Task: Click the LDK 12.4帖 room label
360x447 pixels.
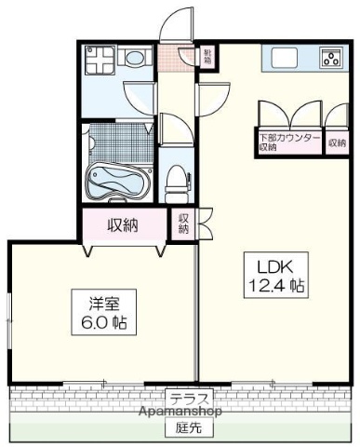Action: coord(276,273)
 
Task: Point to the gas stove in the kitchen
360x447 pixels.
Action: coord(329,59)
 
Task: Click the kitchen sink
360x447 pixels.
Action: coord(286,57)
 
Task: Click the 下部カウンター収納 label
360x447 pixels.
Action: coord(288,142)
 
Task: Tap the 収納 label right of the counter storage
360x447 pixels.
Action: coord(338,142)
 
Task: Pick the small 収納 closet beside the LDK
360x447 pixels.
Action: coord(184,223)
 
